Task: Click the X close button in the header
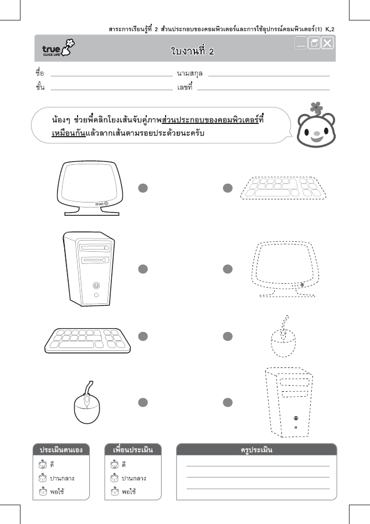[327, 43]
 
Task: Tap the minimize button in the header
[301, 43]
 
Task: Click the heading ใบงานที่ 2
[192, 51]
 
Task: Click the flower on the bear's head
[316, 106]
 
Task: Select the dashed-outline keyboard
[283, 188]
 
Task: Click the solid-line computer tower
[89, 268]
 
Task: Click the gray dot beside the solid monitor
[143, 188]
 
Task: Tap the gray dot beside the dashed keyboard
[227, 188]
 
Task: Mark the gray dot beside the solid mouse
[143, 402]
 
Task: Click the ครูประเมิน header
[256, 449]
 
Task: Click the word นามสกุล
[189, 73]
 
